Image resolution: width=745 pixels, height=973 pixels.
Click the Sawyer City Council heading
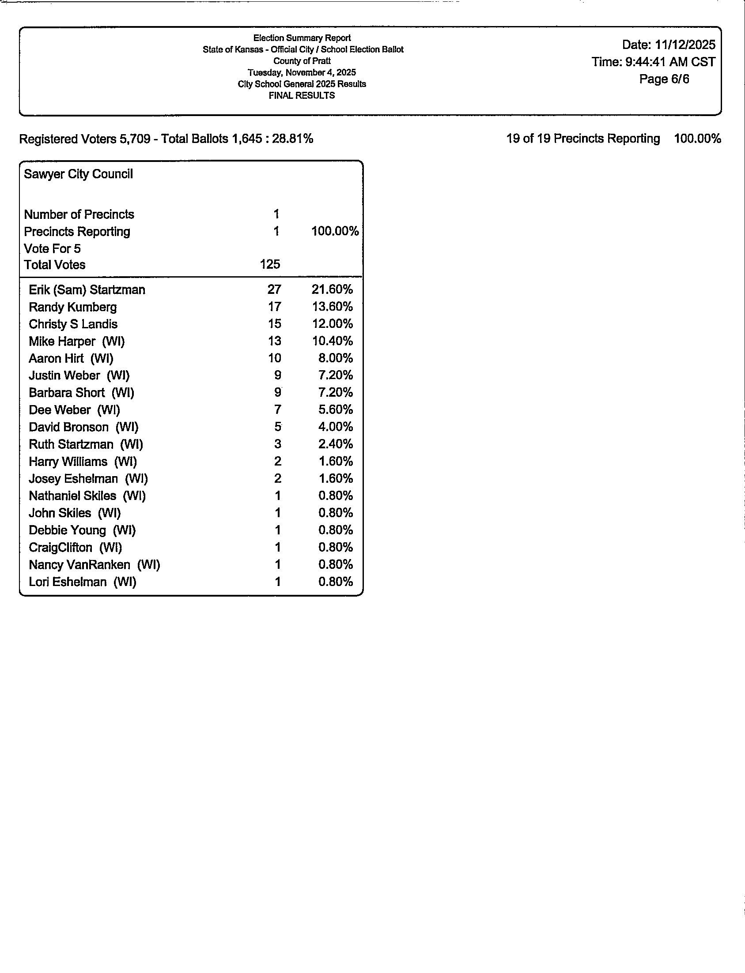point(78,174)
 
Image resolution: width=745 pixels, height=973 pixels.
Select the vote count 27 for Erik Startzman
point(274,289)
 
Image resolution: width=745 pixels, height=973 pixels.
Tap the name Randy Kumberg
point(73,307)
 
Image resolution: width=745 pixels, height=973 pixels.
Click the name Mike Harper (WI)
point(77,342)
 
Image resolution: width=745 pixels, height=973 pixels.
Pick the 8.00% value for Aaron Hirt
point(335,358)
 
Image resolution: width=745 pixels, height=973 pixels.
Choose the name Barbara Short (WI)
point(81,393)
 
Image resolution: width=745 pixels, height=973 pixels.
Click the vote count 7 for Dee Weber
point(278,410)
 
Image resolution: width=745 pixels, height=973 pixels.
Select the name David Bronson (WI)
point(83,427)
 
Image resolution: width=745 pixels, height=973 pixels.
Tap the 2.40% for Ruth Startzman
point(335,444)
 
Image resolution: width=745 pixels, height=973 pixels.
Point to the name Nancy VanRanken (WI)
point(94,565)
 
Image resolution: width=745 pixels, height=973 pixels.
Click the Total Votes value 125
point(270,264)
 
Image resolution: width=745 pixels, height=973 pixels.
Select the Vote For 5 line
point(52,248)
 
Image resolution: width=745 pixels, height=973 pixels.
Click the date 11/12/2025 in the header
point(684,45)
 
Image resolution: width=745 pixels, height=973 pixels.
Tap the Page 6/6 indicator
point(664,79)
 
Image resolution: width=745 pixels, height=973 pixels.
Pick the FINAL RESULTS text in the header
point(302,96)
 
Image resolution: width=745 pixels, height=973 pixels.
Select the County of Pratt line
point(302,61)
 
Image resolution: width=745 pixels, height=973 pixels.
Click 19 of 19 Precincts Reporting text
point(582,139)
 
